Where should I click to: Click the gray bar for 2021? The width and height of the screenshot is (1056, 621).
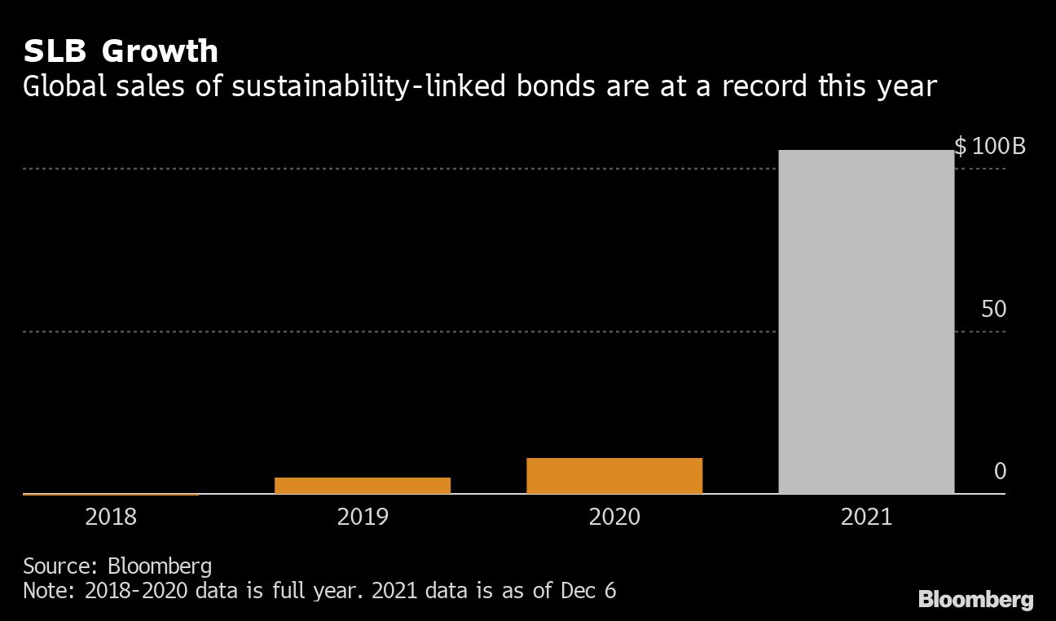click(x=866, y=322)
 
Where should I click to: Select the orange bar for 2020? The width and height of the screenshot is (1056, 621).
click(x=614, y=476)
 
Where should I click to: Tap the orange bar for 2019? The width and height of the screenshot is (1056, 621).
click(x=363, y=485)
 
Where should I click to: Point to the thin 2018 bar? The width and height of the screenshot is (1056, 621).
click(x=111, y=493)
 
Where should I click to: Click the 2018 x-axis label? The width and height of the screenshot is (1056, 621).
click(x=111, y=517)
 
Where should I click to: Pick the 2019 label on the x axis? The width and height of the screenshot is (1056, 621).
click(x=363, y=517)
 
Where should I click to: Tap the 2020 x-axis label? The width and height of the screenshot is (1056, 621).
click(x=614, y=517)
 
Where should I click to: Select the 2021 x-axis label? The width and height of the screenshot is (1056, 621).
click(x=866, y=517)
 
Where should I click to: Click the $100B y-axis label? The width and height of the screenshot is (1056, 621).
click(x=990, y=148)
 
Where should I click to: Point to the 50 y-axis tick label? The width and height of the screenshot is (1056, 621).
click(x=994, y=310)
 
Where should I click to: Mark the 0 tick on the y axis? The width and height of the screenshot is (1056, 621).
click(x=1000, y=472)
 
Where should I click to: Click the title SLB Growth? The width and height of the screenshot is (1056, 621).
click(x=121, y=51)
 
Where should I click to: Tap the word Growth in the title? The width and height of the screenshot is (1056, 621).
click(x=161, y=51)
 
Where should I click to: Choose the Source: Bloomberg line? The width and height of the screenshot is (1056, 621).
click(x=117, y=566)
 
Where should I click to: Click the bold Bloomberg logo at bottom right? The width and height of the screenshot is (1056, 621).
click(x=975, y=601)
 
